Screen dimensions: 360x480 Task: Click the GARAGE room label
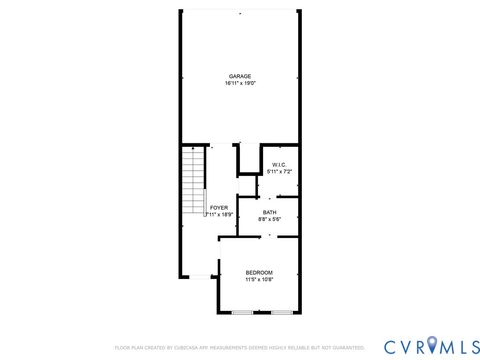[x=239, y=76]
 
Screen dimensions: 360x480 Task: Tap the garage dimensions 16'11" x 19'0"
[x=239, y=83]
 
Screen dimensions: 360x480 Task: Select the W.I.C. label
[x=279, y=164]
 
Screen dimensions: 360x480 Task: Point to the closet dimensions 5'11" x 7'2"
[x=279, y=171]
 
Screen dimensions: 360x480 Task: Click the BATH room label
[x=270, y=211]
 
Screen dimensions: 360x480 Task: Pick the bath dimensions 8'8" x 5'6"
[x=270, y=218]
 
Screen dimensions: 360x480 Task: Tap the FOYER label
[x=218, y=207]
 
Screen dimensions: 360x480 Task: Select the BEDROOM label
[x=259, y=272]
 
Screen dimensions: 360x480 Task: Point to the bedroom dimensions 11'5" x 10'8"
[x=259, y=279]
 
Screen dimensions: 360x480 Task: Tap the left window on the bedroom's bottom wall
[x=242, y=313]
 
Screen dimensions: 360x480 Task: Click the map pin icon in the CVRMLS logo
[x=432, y=345]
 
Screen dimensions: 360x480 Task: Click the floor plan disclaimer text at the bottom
[x=239, y=348]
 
